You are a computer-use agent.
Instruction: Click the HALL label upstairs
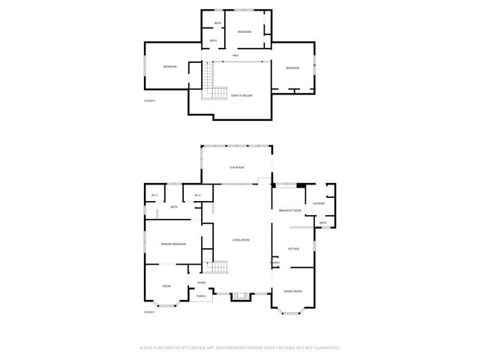click(x=235, y=56)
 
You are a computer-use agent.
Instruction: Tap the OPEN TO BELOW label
click(x=241, y=96)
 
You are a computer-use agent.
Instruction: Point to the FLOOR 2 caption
click(x=149, y=100)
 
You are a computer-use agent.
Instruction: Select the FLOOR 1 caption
click(x=149, y=312)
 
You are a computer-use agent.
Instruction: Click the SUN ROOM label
click(x=237, y=168)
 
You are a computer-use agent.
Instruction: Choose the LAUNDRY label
click(x=319, y=204)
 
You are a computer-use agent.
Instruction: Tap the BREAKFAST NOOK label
click(x=290, y=211)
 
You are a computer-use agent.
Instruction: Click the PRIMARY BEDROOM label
click(x=173, y=244)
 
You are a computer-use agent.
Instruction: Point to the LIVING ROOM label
click(x=240, y=240)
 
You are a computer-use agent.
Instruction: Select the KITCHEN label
click(x=295, y=248)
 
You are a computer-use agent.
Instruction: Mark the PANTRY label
click(x=275, y=262)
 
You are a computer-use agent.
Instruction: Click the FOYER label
click(x=202, y=283)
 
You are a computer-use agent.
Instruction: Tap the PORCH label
click(x=201, y=296)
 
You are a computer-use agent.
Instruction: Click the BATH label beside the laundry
click(x=323, y=223)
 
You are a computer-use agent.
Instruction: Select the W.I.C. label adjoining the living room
click(x=197, y=196)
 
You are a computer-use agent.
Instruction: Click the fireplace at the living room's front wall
click(x=241, y=296)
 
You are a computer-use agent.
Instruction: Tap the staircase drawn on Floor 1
click(x=217, y=268)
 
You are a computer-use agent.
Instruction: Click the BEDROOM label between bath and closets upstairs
click(x=244, y=32)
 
